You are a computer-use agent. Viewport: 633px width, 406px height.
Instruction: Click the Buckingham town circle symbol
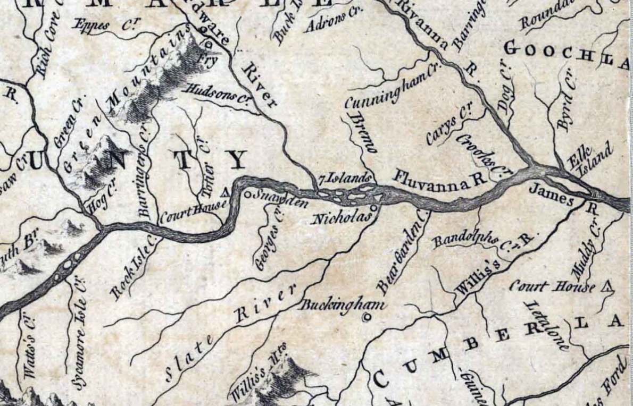[365, 318]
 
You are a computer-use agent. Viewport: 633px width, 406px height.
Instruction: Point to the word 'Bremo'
[363, 133]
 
